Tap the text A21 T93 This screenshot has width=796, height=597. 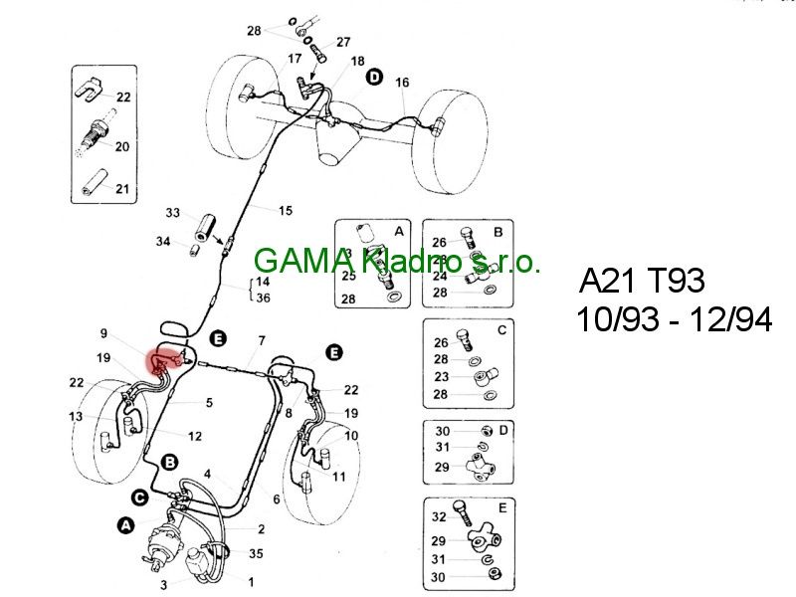click(642, 282)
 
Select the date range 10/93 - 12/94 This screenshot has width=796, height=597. click(673, 320)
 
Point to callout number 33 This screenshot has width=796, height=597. click(173, 214)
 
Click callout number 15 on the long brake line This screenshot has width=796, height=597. click(286, 210)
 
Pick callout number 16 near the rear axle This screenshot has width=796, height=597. click(402, 83)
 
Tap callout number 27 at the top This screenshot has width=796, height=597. click(343, 42)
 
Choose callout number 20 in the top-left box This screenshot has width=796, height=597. click(122, 147)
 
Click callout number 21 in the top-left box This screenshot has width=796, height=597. click(122, 188)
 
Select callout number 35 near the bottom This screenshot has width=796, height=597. click(256, 554)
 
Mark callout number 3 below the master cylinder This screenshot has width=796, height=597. click(163, 584)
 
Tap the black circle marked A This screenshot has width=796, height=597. click(125, 525)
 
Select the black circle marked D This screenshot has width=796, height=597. click(374, 77)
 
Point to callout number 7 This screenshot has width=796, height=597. click(260, 341)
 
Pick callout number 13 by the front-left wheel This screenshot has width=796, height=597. click(76, 416)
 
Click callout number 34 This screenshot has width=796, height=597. click(163, 241)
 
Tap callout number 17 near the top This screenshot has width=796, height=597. click(295, 59)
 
